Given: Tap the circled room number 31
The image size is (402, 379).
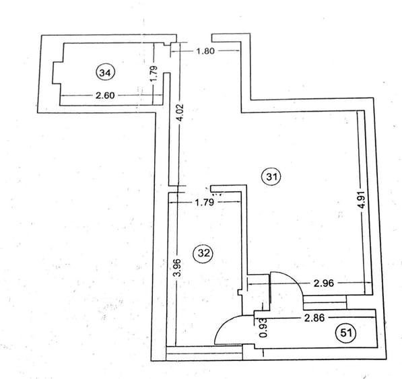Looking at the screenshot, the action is [271, 176].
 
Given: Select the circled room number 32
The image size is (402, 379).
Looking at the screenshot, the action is [204, 253].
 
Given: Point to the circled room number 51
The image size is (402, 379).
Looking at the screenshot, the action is [345, 333].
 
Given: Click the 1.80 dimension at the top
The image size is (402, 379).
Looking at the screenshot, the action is [205, 51].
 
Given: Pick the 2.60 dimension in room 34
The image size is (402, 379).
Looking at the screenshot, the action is [105, 96].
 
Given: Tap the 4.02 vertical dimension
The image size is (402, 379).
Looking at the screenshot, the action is [180, 112].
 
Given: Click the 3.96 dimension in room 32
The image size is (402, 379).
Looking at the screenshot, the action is [177, 267].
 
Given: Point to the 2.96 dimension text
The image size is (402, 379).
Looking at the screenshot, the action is [324, 283].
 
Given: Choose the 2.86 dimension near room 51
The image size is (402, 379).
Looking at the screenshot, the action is [314, 318].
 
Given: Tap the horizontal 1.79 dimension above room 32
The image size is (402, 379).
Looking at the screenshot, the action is [204, 203].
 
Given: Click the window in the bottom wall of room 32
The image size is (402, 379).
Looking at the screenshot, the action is [204, 353].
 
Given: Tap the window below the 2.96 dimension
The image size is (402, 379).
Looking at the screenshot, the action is [325, 302].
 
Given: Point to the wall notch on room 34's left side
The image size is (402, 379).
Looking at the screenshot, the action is [57, 73].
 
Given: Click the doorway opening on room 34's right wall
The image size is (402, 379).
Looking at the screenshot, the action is [167, 60].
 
